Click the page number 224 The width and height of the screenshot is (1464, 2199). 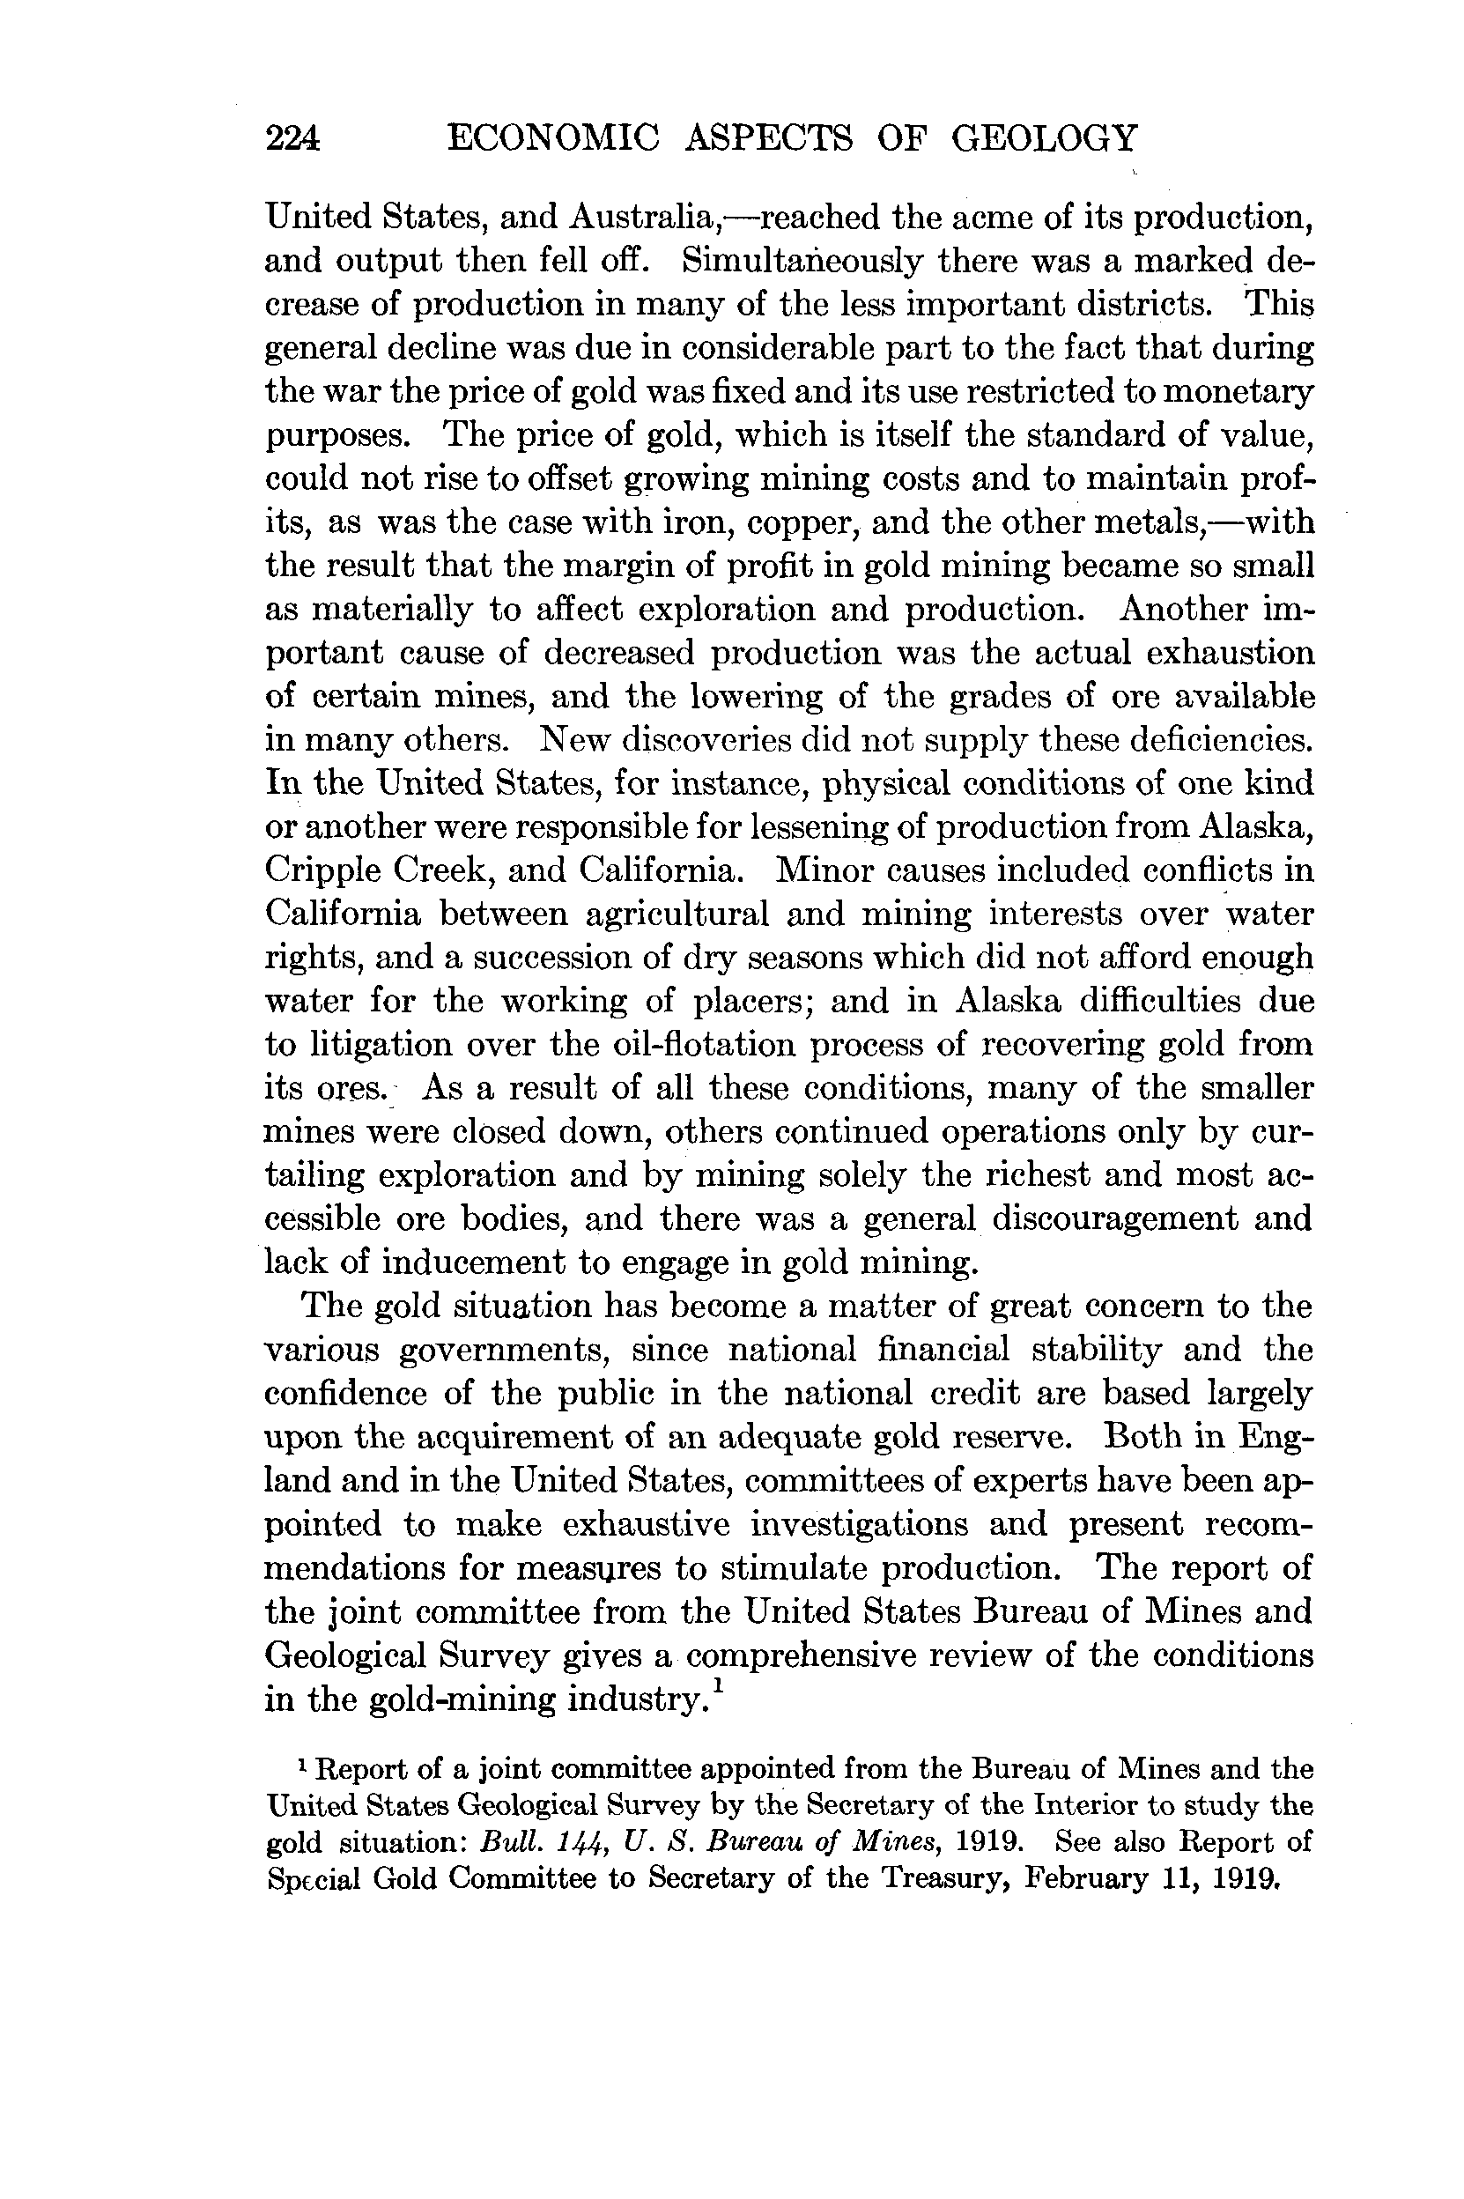coord(293,139)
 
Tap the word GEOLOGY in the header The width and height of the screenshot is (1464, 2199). coord(1045,138)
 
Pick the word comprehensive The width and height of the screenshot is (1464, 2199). coord(799,1655)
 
